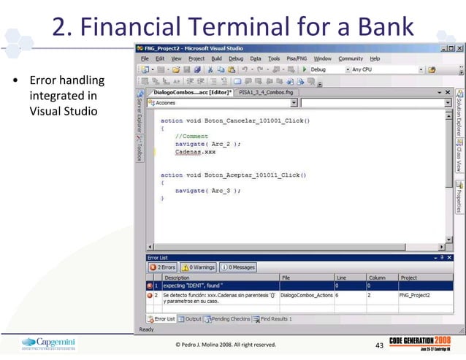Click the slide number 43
(378, 345)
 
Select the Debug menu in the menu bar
(235, 58)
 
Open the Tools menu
(273, 58)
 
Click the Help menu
(375, 58)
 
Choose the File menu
(145, 58)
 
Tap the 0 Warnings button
(198, 267)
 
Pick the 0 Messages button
(238, 267)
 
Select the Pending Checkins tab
(228, 319)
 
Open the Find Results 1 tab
(273, 319)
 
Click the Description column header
(177, 277)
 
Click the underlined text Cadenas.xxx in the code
(195, 152)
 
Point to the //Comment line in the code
(191, 136)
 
